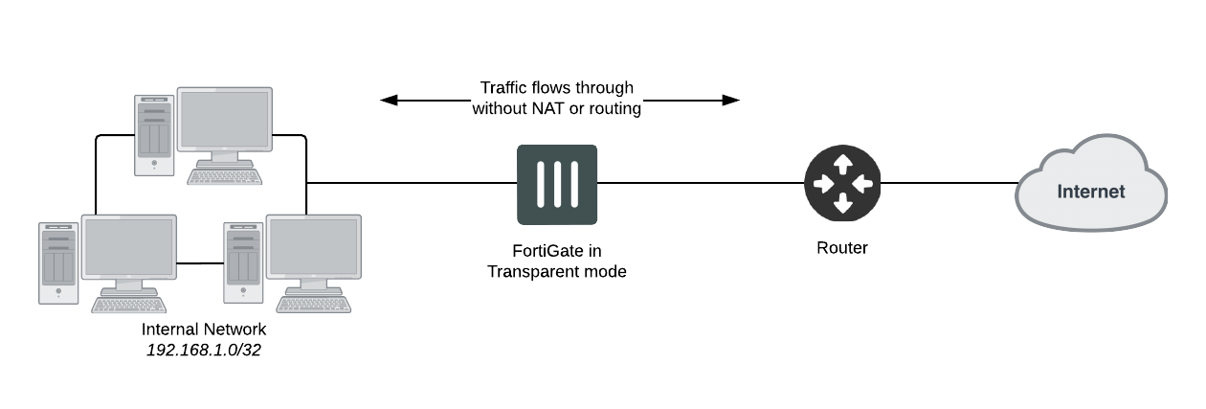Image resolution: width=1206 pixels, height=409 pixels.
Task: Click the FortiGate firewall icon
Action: click(556, 184)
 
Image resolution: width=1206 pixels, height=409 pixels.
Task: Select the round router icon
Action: click(842, 184)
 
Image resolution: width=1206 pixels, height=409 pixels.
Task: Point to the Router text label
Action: click(842, 248)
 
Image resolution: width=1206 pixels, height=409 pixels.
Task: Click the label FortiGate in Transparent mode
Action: click(556, 261)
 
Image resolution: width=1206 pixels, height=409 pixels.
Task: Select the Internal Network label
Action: click(204, 329)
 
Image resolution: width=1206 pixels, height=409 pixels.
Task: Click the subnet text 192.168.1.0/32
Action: click(204, 350)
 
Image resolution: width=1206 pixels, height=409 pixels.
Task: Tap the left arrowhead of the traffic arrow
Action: click(388, 99)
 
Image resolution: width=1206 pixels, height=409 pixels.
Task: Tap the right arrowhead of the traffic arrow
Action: click(732, 99)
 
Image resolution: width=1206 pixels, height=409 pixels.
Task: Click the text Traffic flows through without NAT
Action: click(556, 99)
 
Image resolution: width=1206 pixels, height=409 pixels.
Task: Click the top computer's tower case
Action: click(153, 136)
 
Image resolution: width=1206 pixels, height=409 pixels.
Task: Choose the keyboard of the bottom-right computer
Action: click(317, 303)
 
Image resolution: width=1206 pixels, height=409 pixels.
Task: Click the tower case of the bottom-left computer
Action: click(57, 262)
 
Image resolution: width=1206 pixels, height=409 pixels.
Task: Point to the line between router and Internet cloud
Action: click(948, 183)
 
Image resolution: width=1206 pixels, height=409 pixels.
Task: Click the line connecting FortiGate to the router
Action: click(699, 183)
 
